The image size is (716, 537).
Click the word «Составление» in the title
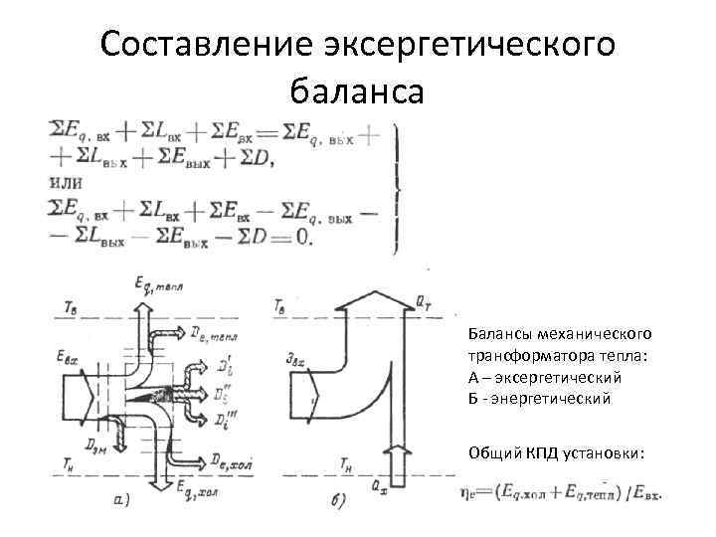(x=207, y=43)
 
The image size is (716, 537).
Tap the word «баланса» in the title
(x=357, y=91)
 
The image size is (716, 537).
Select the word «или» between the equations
(x=65, y=183)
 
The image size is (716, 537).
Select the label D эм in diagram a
(x=96, y=438)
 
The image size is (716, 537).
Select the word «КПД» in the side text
(x=534, y=453)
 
